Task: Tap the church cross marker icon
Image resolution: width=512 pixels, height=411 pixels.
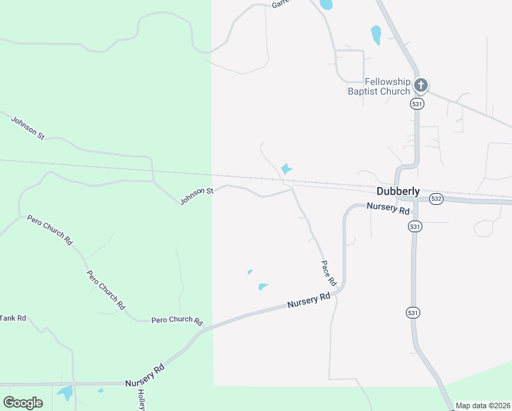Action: tap(420, 86)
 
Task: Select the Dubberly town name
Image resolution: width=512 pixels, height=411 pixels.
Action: tap(398, 192)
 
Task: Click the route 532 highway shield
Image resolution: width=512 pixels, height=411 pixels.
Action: tap(436, 199)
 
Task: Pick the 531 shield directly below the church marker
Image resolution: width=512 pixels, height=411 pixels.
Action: tap(417, 103)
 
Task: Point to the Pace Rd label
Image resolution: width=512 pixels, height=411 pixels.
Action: tap(329, 273)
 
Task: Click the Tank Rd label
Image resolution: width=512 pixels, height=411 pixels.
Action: tap(12, 318)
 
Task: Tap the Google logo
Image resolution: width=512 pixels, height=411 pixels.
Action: tap(23, 403)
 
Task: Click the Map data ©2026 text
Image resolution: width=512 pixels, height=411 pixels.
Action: tap(483, 406)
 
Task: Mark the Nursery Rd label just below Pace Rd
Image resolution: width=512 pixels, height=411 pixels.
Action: tap(309, 299)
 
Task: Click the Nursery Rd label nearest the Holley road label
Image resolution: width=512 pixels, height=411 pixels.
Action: tap(144, 376)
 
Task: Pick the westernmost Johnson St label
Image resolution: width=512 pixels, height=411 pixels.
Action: tap(27, 128)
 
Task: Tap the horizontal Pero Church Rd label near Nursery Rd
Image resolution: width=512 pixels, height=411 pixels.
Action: tap(177, 321)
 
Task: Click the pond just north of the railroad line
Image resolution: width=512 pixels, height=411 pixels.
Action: tap(286, 169)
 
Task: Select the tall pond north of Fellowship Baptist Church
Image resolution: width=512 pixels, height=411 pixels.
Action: tap(375, 34)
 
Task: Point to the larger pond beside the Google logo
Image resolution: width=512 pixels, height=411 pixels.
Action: tap(66, 393)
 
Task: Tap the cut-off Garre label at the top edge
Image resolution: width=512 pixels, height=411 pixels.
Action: tap(281, 3)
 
